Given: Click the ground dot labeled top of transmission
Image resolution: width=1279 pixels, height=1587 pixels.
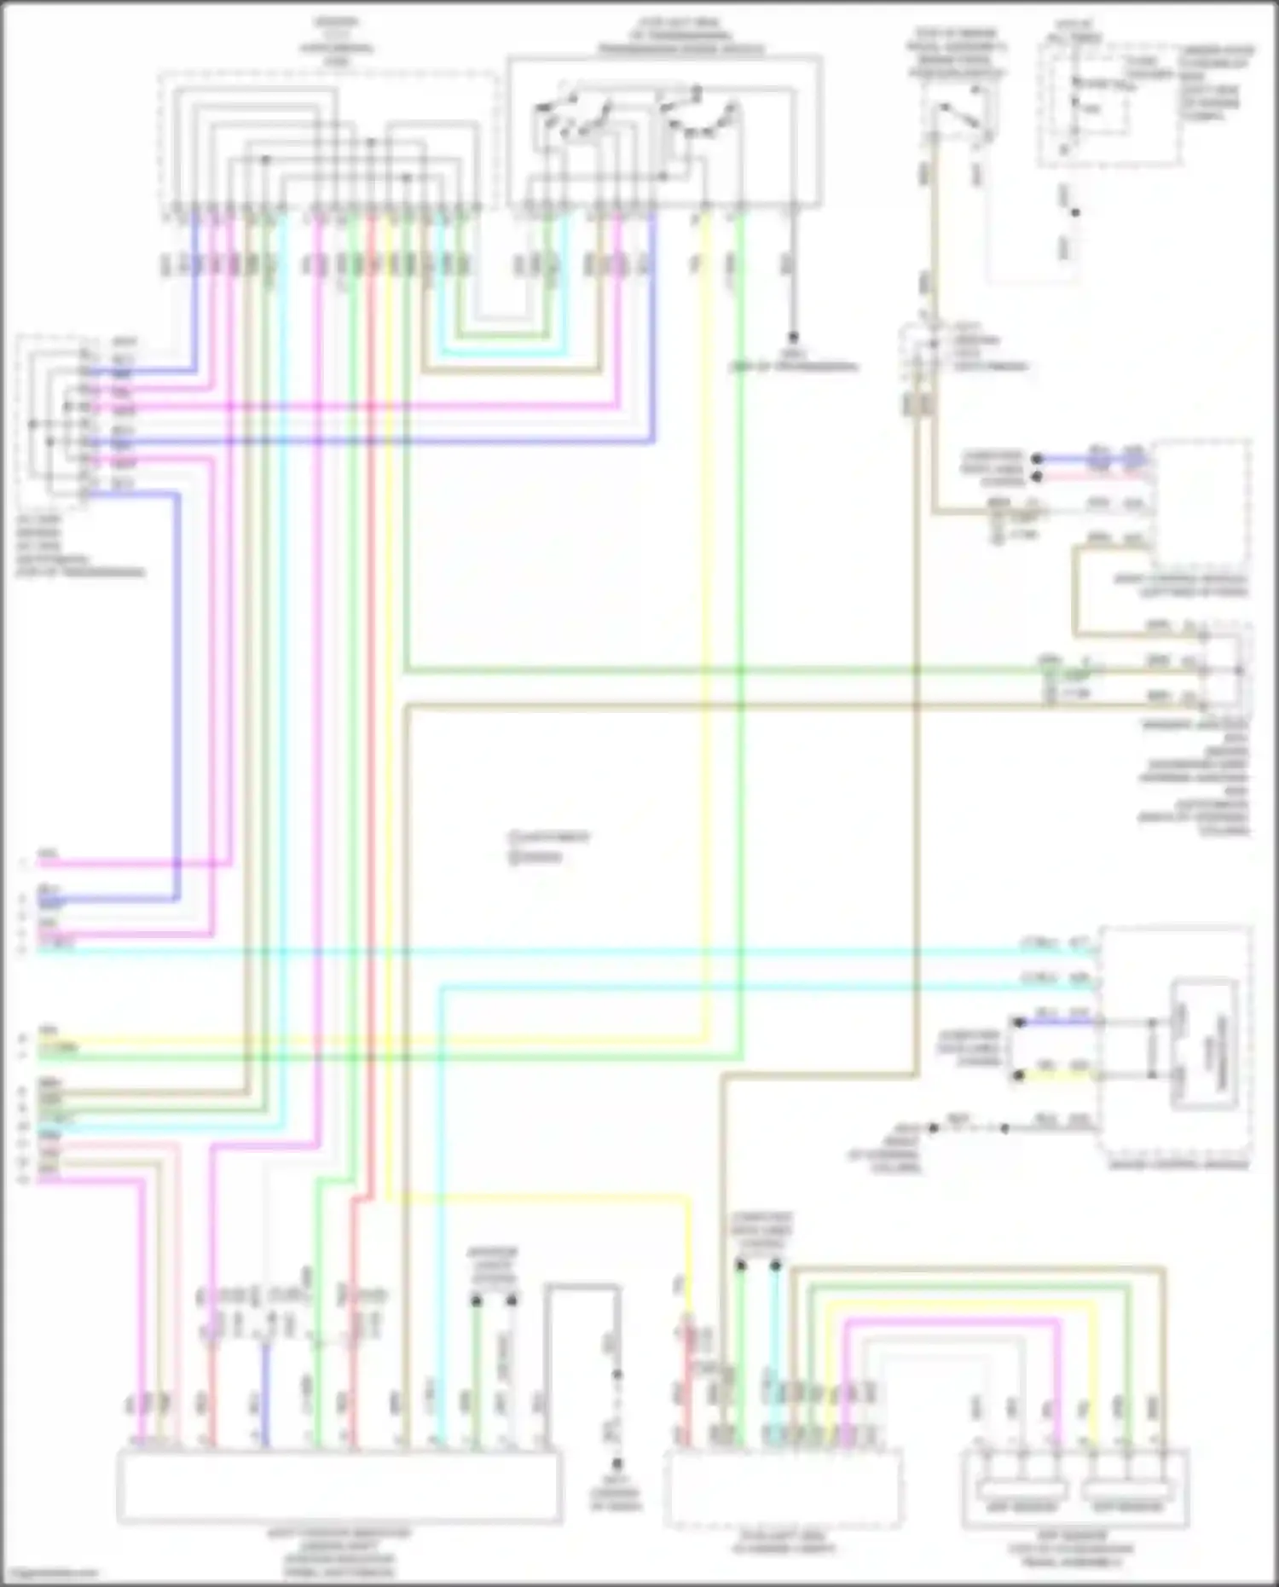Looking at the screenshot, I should (793, 337).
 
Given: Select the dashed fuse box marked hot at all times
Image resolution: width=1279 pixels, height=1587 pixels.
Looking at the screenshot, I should (1108, 107).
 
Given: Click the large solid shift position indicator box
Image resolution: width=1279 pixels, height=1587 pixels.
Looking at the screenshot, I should (339, 1485).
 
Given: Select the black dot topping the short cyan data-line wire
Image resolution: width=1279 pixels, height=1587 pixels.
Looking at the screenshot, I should (775, 1266).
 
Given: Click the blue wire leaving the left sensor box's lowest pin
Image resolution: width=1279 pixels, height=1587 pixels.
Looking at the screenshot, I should (177, 682).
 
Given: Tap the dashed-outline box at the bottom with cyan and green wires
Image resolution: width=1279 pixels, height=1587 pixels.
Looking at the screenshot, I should (783, 1489).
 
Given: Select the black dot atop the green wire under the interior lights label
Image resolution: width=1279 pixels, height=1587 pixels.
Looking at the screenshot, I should (477, 1301).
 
